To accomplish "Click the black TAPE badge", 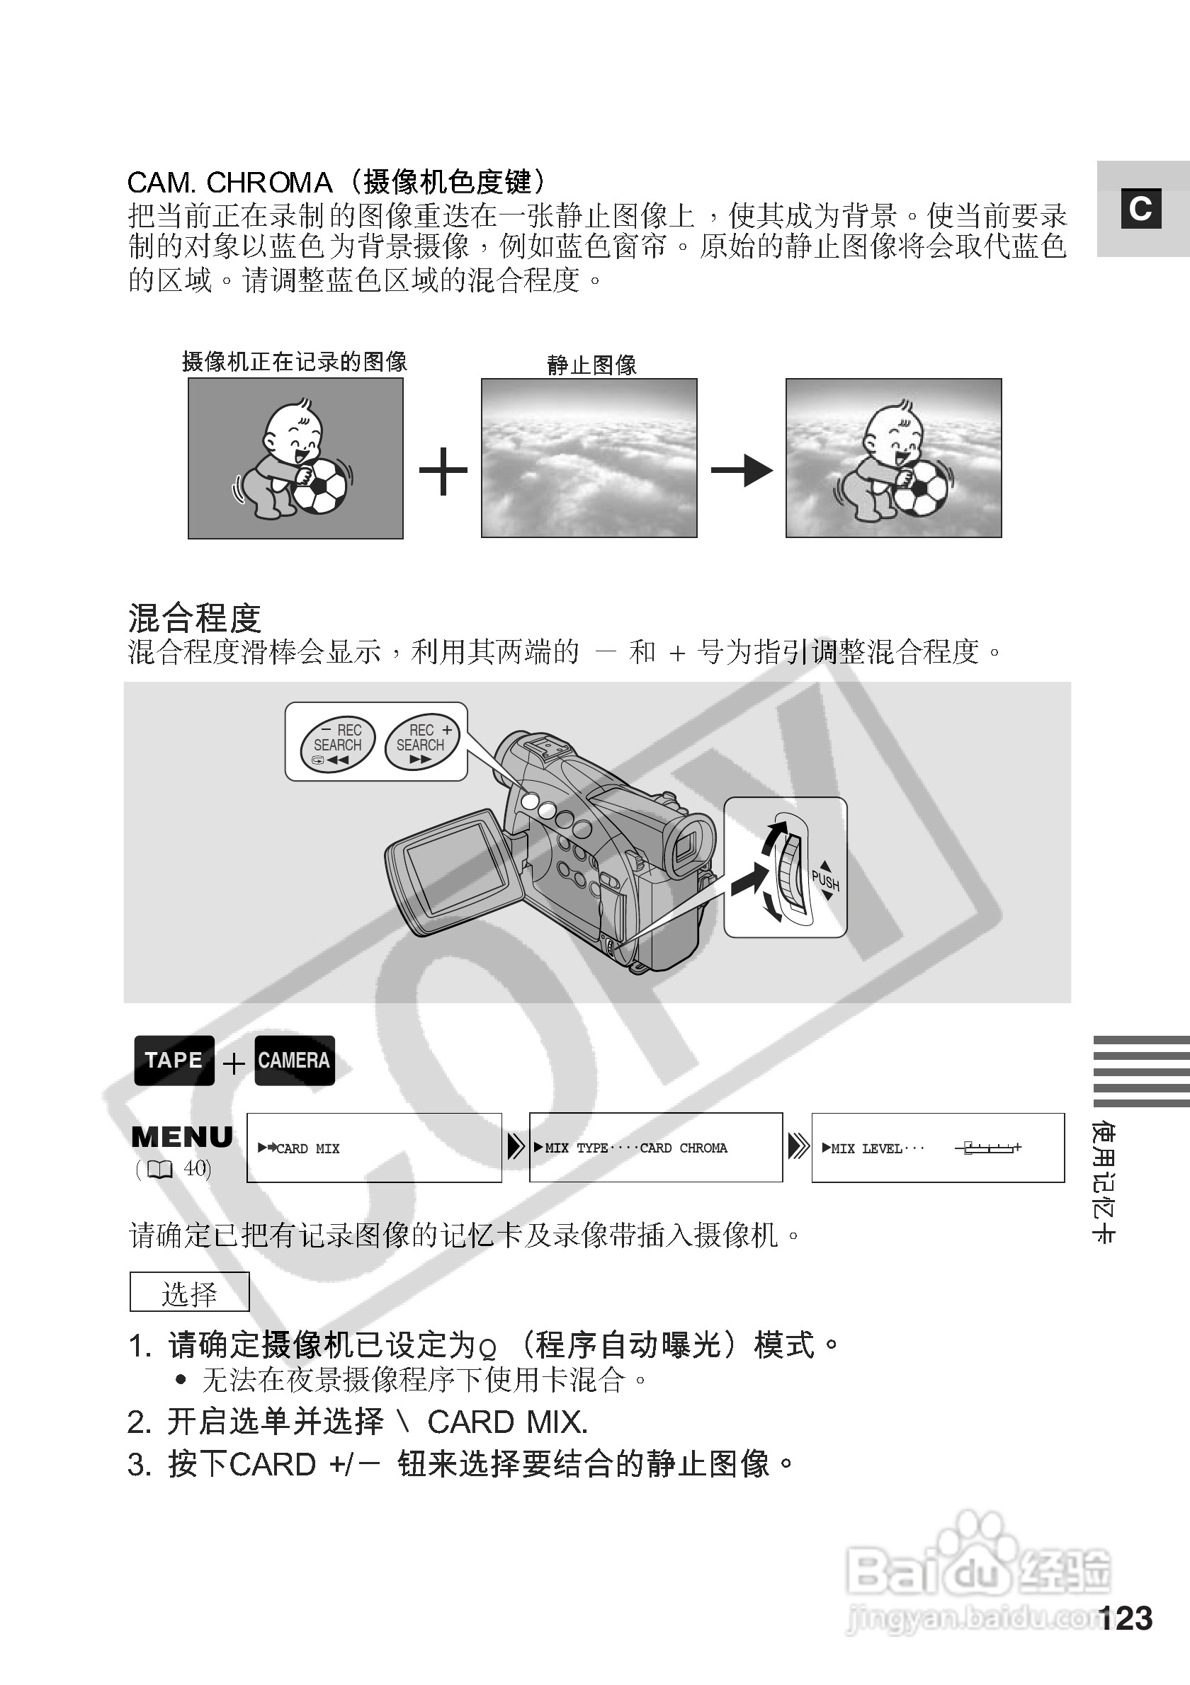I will [174, 1060].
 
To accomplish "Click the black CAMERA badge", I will [295, 1060].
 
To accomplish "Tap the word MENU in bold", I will [181, 1137].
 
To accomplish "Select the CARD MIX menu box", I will [374, 1148].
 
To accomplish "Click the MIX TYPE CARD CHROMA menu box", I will [656, 1148].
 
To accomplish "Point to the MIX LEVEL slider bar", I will [988, 1148].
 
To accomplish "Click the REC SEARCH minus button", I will [339, 743].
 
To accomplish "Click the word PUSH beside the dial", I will [824, 881].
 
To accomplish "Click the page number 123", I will [1126, 1618].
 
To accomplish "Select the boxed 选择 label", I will [189, 1292].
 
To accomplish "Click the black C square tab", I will [1140, 209].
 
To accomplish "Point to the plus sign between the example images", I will [443, 470].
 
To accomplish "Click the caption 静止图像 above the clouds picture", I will [591, 365].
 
